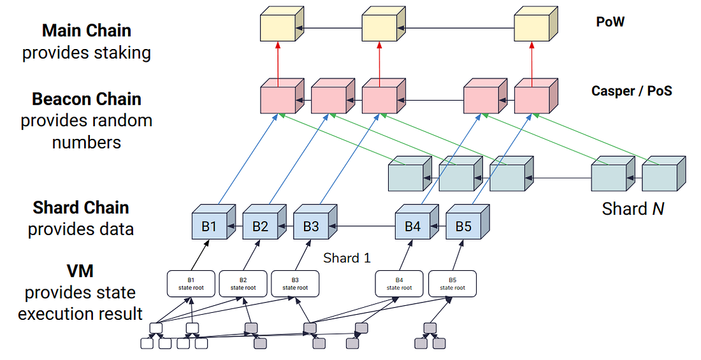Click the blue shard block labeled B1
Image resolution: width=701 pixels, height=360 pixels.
(210, 226)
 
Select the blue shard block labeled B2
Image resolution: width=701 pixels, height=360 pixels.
(260, 226)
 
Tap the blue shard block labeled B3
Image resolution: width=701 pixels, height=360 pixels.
(311, 226)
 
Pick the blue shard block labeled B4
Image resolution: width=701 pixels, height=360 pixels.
(412, 226)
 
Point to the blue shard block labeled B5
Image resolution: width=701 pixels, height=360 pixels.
(463, 226)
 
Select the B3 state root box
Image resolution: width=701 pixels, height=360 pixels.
(295, 284)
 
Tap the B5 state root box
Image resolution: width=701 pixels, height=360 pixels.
(452, 284)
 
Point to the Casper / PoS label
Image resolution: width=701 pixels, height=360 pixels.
(632, 91)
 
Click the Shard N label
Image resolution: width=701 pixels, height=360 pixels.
(633, 208)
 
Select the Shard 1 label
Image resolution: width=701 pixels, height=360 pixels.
(347, 258)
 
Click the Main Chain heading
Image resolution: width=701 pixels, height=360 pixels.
(87, 30)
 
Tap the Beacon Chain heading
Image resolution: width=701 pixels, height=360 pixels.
(87, 99)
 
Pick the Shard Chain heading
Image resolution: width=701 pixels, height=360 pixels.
(81, 208)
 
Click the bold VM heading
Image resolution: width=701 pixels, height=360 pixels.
(80, 271)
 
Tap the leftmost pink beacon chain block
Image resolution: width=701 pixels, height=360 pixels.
(278, 99)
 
